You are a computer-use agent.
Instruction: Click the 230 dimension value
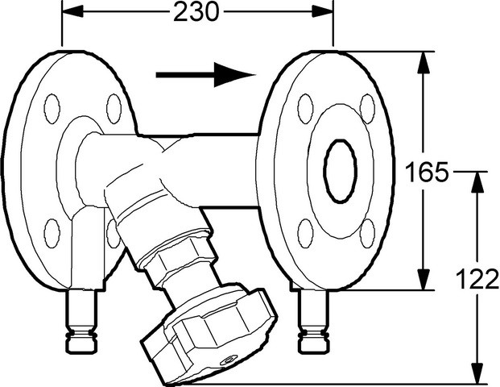point(196,12)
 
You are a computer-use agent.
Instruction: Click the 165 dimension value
point(428,172)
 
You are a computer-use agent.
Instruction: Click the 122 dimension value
point(477,279)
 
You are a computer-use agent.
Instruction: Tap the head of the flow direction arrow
point(234,75)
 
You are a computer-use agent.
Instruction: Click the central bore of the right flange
point(340,171)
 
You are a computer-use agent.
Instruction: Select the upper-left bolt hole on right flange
point(305,109)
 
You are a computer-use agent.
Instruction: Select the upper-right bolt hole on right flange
point(367,109)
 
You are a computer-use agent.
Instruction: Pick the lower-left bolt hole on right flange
point(305,234)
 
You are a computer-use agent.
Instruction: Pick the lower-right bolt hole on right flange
point(367,234)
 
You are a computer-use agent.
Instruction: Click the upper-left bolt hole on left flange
point(52,109)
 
